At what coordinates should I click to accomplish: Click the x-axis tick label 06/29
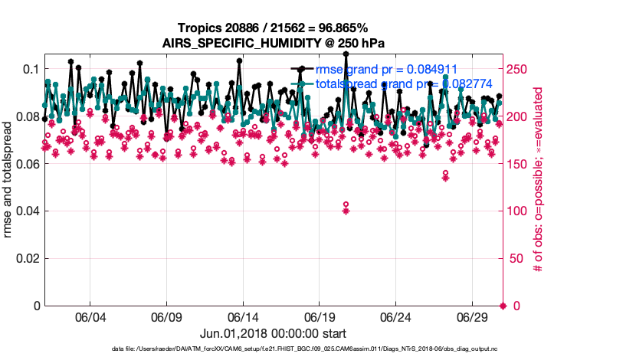click(x=473, y=317)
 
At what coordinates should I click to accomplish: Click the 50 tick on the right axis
click(x=516, y=258)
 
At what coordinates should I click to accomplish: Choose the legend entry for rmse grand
click(x=391, y=69)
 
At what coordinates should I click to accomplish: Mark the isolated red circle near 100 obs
click(x=346, y=205)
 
